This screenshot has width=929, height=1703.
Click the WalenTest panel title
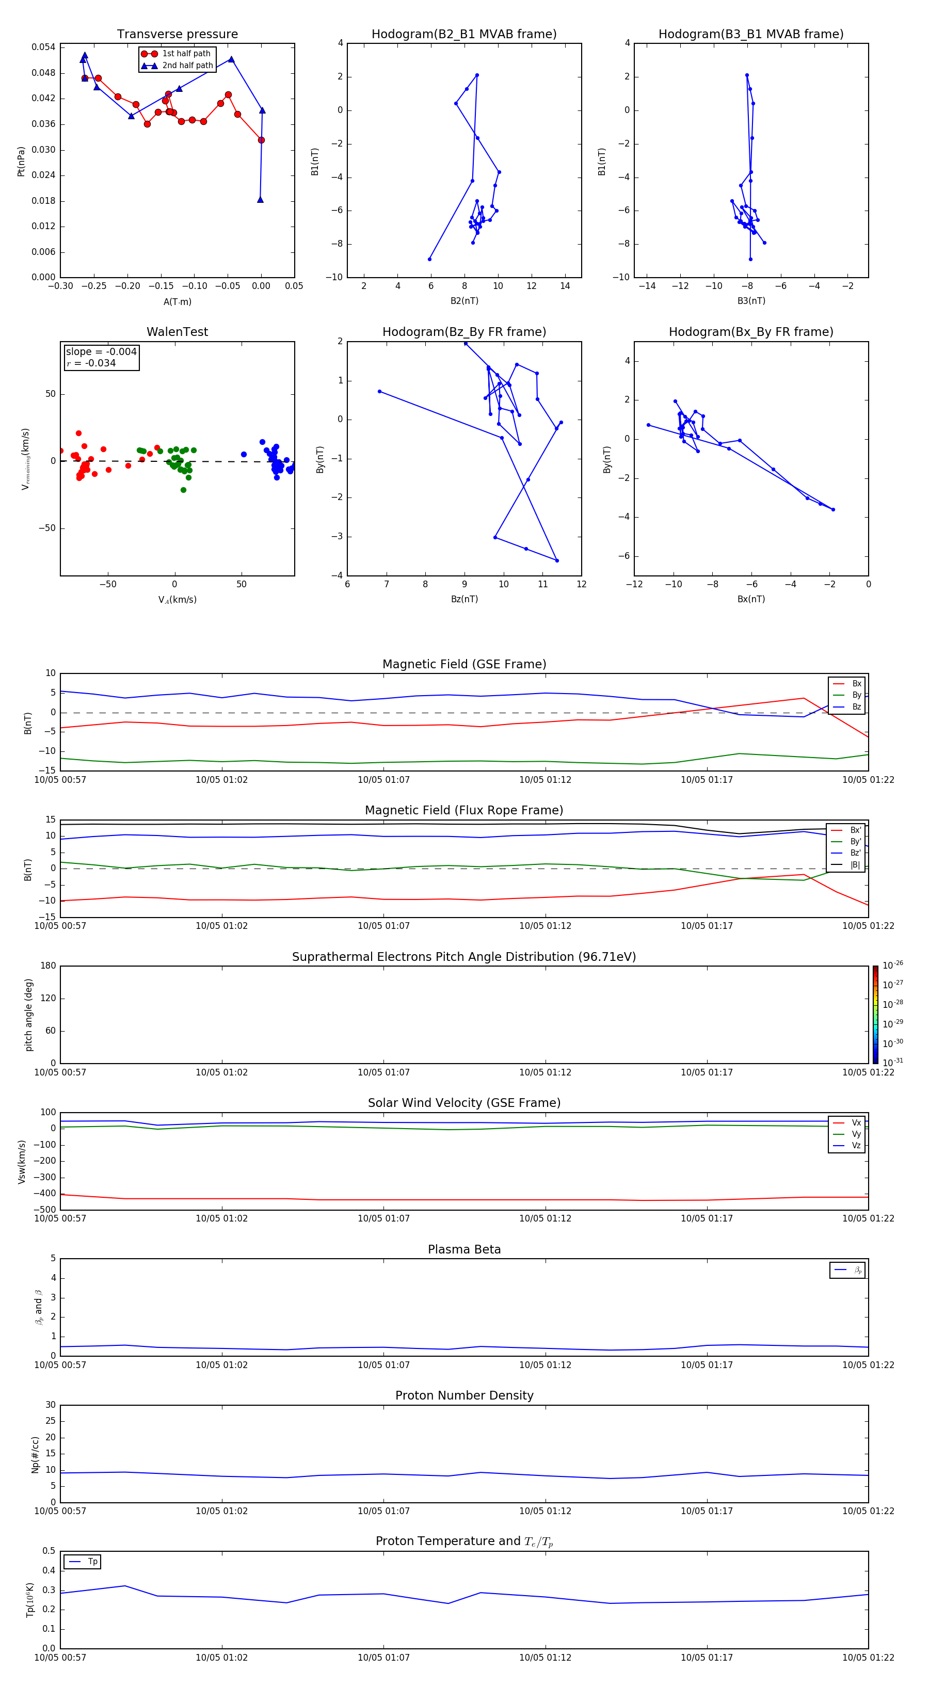pyautogui.click(x=177, y=332)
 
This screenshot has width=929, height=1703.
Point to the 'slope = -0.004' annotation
pyautogui.click(x=101, y=352)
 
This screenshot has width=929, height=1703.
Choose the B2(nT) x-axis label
pyautogui.click(x=464, y=301)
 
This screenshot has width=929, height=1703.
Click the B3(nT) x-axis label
pyautogui.click(x=751, y=301)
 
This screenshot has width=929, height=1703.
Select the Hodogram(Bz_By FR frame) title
pyautogui.click(x=464, y=332)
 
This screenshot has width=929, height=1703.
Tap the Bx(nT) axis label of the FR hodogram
pyautogui.click(x=751, y=599)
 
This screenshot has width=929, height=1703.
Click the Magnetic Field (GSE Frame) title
pyautogui.click(x=464, y=664)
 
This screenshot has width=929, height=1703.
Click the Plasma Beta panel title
pyautogui.click(x=464, y=1249)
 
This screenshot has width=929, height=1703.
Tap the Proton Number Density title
pyautogui.click(x=464, y=1395)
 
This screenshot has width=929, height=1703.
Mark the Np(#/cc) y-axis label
pyautogui.click(x=36, y=1454)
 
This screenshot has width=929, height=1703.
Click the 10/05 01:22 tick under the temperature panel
pyautogui.click(x=868, y=1658)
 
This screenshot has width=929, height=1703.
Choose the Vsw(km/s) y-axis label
pyautogui.click(x=22, y=1162)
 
